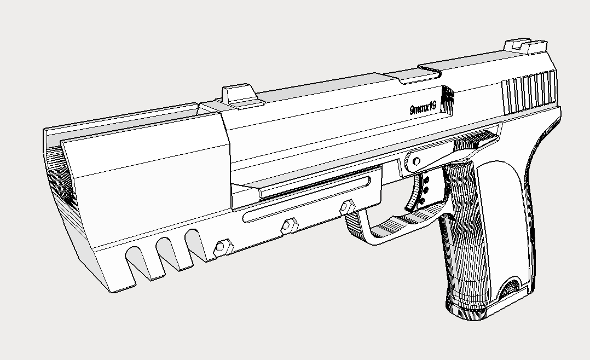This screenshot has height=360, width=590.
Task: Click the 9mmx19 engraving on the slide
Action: (423, 108)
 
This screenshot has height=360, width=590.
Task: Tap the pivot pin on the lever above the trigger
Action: (416, 161)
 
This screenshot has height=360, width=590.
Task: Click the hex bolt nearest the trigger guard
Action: (346, 207)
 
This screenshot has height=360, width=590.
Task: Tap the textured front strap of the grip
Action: (462, 241)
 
